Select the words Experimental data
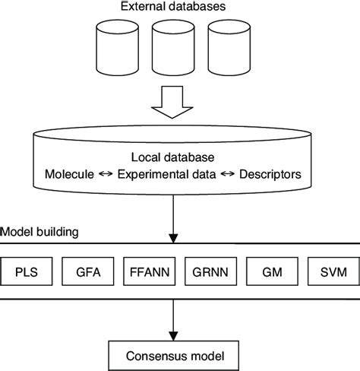166,175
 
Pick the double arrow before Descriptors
227,175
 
